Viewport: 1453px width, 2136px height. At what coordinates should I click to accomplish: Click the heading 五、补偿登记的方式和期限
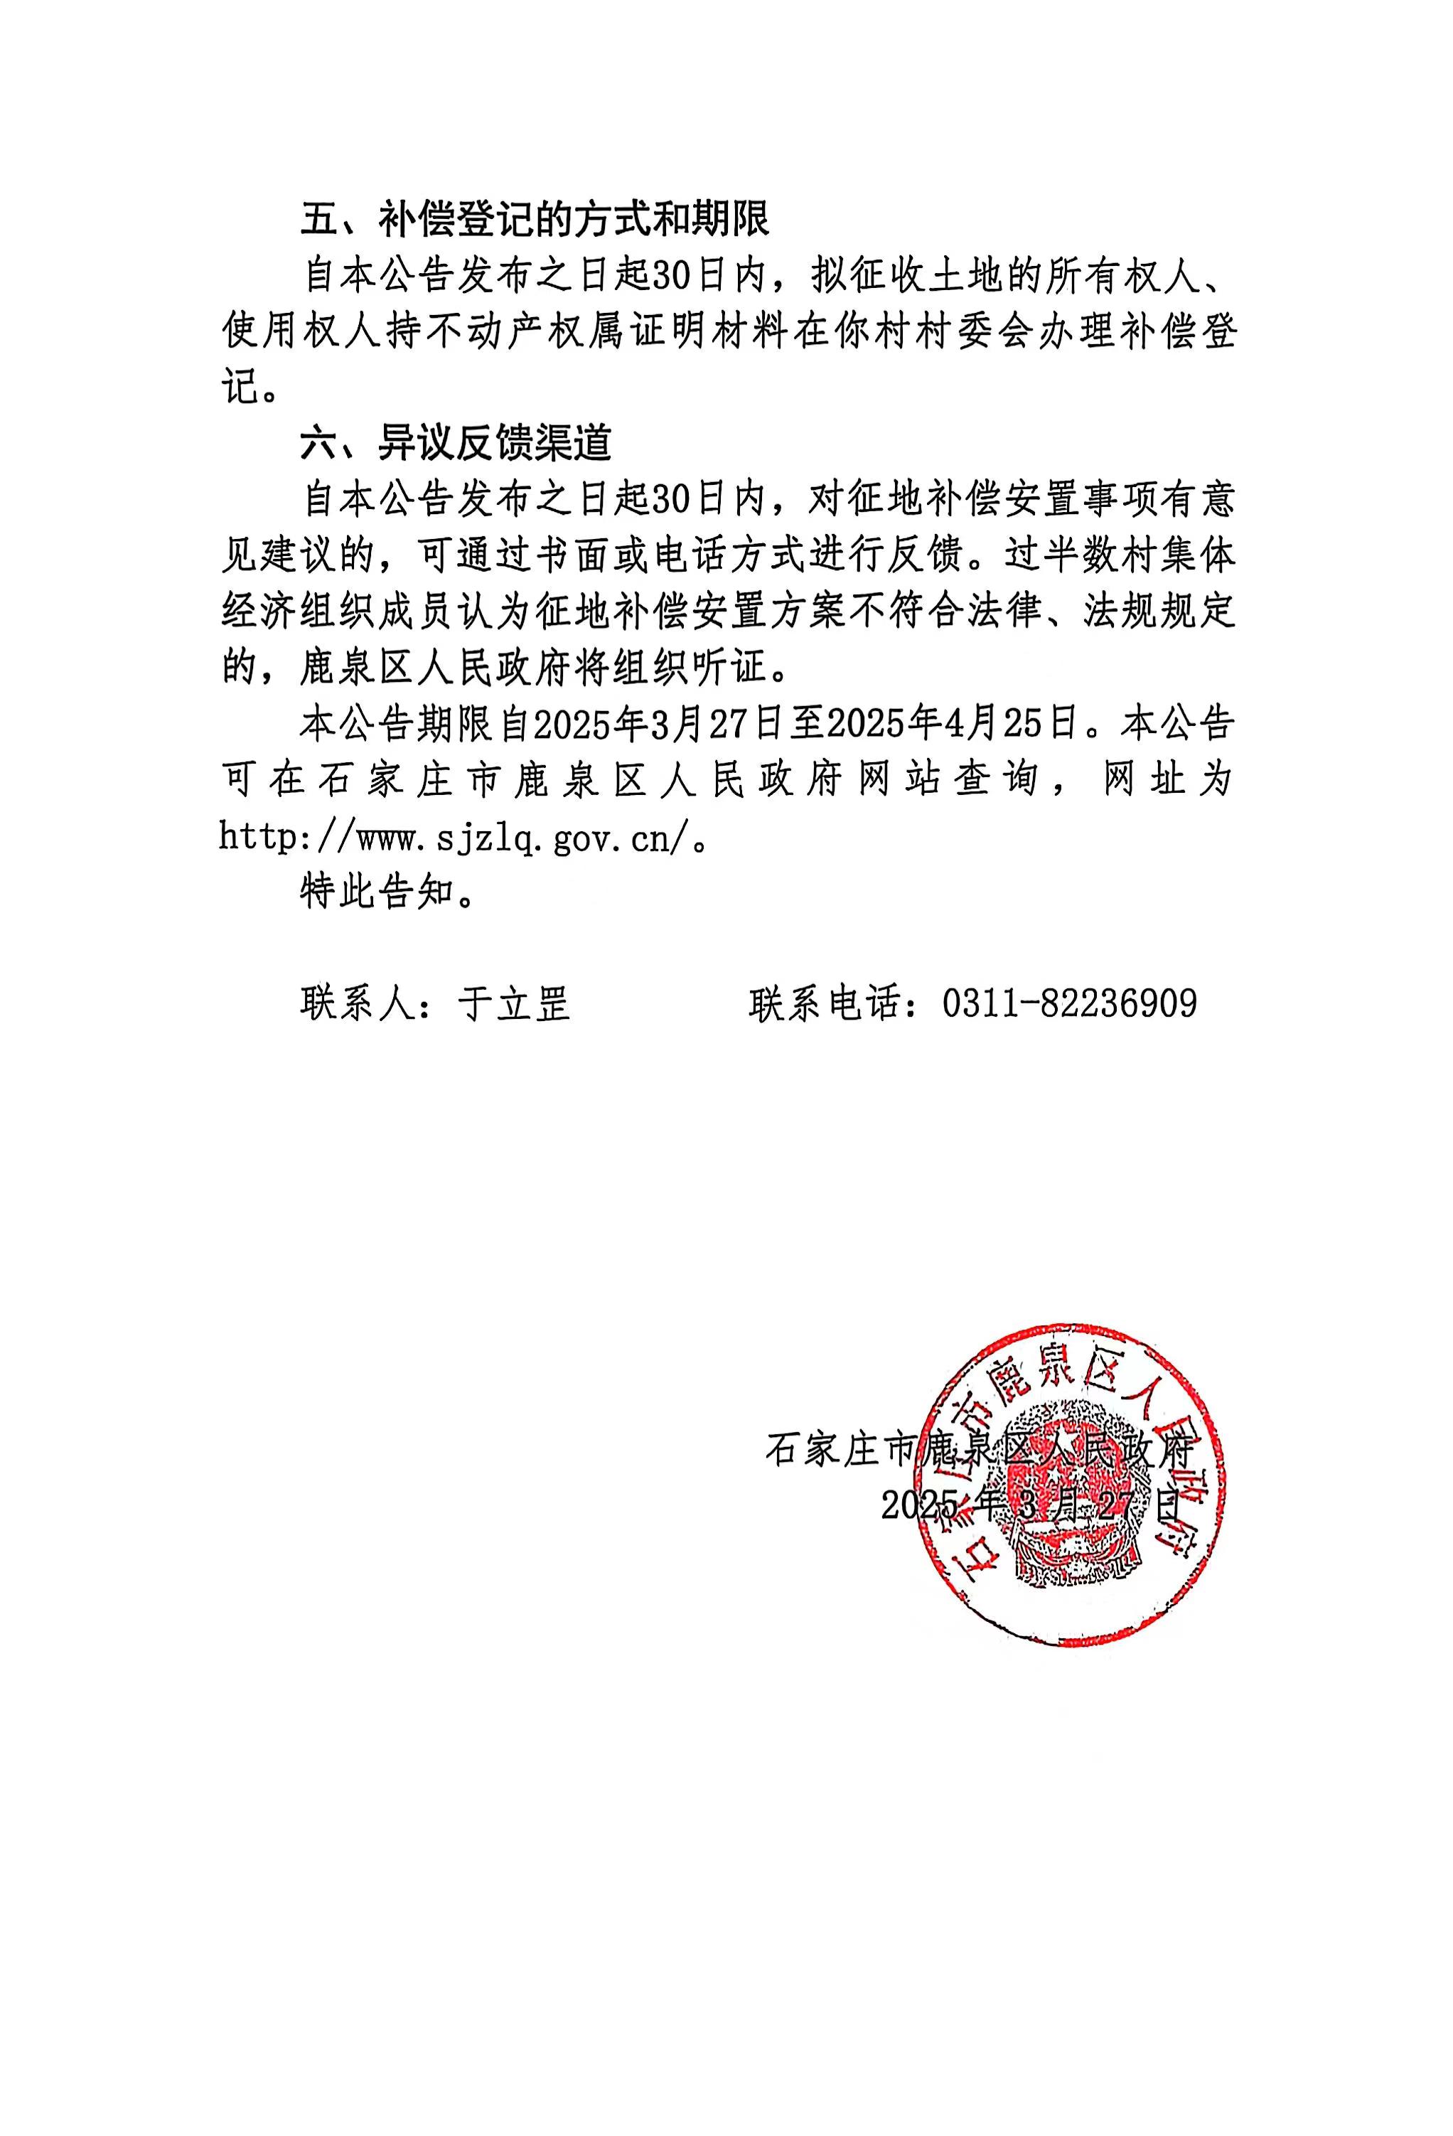(x=534, y=219)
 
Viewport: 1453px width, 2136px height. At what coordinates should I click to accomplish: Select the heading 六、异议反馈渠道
(x=456, y=444)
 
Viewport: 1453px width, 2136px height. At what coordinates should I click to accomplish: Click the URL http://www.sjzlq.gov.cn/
(x=455, y=838)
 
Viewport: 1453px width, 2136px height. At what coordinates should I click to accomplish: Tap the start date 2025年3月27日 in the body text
(x=657, y=725)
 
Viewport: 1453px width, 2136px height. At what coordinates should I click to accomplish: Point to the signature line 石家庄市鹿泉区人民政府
(x=979, y=1451)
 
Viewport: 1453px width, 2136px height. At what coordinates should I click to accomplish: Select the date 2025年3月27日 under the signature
(x=1029, y=1505)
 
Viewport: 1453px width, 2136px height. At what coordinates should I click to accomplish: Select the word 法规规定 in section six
(x=1158, y=612)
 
